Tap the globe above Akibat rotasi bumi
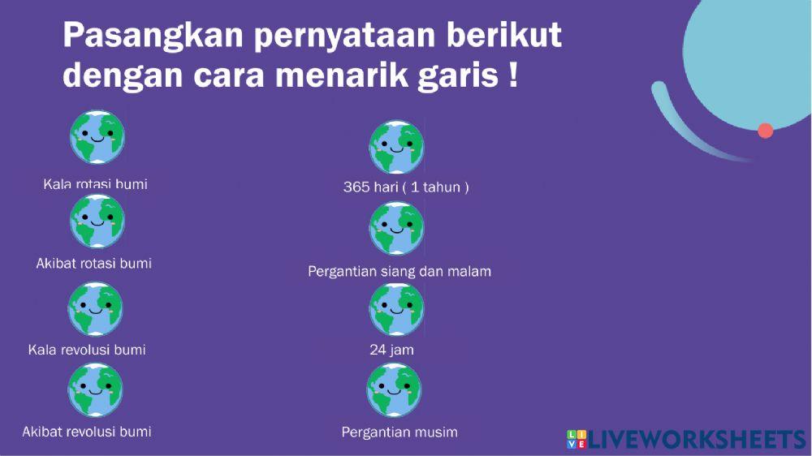click(x=97, y=221)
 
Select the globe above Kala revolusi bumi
click(x=96, y=309)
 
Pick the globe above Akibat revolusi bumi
click(x=96, y=390)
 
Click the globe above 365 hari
click(x=396, y=148)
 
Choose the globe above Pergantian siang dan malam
click(x=396, y=229)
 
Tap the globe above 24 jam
click(x=396, y=309)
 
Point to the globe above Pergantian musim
click(x=394, y=390)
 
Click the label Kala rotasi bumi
click(x=95, y=184)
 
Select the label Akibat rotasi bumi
click(x=93, y=264)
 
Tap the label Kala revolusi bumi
click(x=87, y=350)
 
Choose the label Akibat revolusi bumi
click(x=86, y=431)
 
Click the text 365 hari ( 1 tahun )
click(x=406, y=187)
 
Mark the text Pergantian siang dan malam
click(x=400, y=271)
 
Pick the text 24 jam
click(x=391, y=350)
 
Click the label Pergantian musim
click(x=400, y=432)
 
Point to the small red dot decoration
click(x=765, y=131)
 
